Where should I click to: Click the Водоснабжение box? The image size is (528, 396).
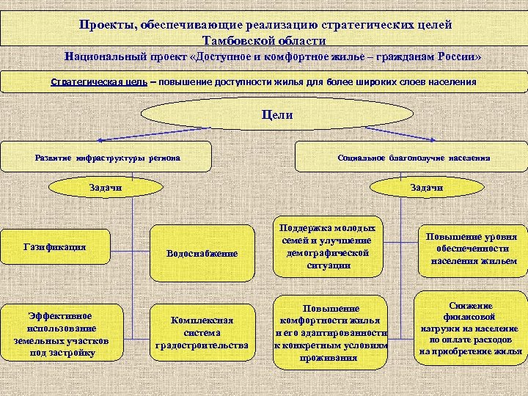pos(202,253)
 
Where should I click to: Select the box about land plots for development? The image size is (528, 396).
pos(60,331)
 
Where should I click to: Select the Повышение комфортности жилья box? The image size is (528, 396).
pos(329,331)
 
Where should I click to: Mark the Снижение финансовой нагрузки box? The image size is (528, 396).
pos(470,329)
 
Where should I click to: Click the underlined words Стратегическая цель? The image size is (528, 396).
pos(98,81)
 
